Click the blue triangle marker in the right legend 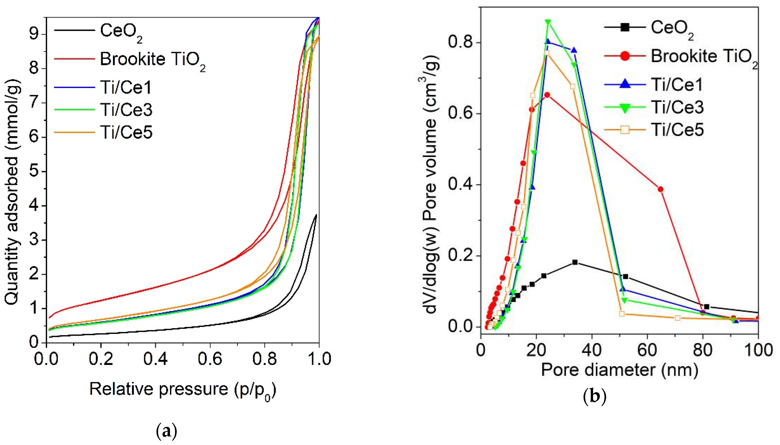[x=625, y=84]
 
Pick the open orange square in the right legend [x=625, y=130]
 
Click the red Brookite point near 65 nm [x=661, y=189]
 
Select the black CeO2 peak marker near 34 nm [x=575, y=262]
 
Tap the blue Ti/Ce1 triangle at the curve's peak [x=548, y=42]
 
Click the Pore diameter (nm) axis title [x=619, y=370]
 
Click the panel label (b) [x=594, y=396]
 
